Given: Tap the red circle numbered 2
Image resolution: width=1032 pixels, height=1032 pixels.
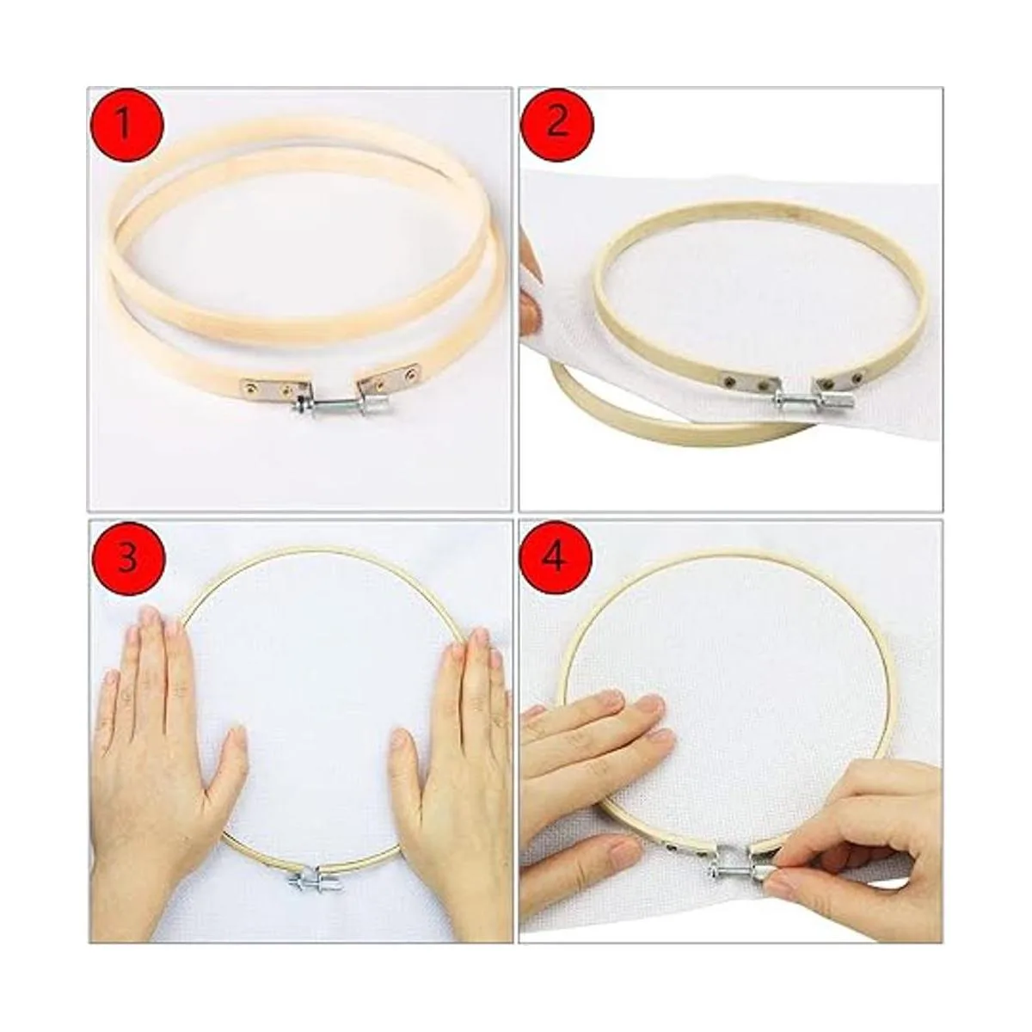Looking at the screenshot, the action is tap(556, 124).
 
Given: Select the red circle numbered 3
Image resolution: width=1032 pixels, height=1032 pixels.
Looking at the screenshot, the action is tap(127, 559).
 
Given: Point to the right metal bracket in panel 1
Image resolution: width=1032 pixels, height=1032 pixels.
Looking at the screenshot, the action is tap(390, 377).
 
